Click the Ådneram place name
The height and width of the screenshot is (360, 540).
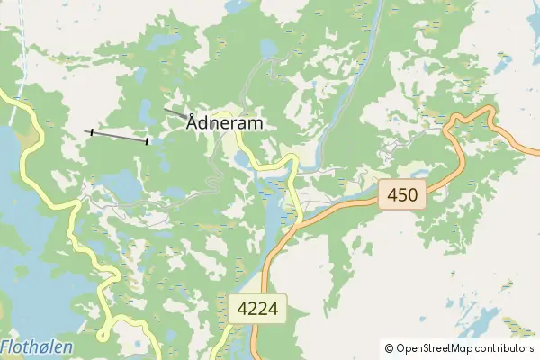225,123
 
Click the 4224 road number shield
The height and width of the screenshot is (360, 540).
257,310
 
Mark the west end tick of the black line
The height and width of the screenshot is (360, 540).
91,131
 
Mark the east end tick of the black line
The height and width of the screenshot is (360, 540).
147,140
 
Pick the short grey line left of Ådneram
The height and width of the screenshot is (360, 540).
175,112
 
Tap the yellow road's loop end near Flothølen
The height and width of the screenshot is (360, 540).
103,335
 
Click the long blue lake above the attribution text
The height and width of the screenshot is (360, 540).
477,321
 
